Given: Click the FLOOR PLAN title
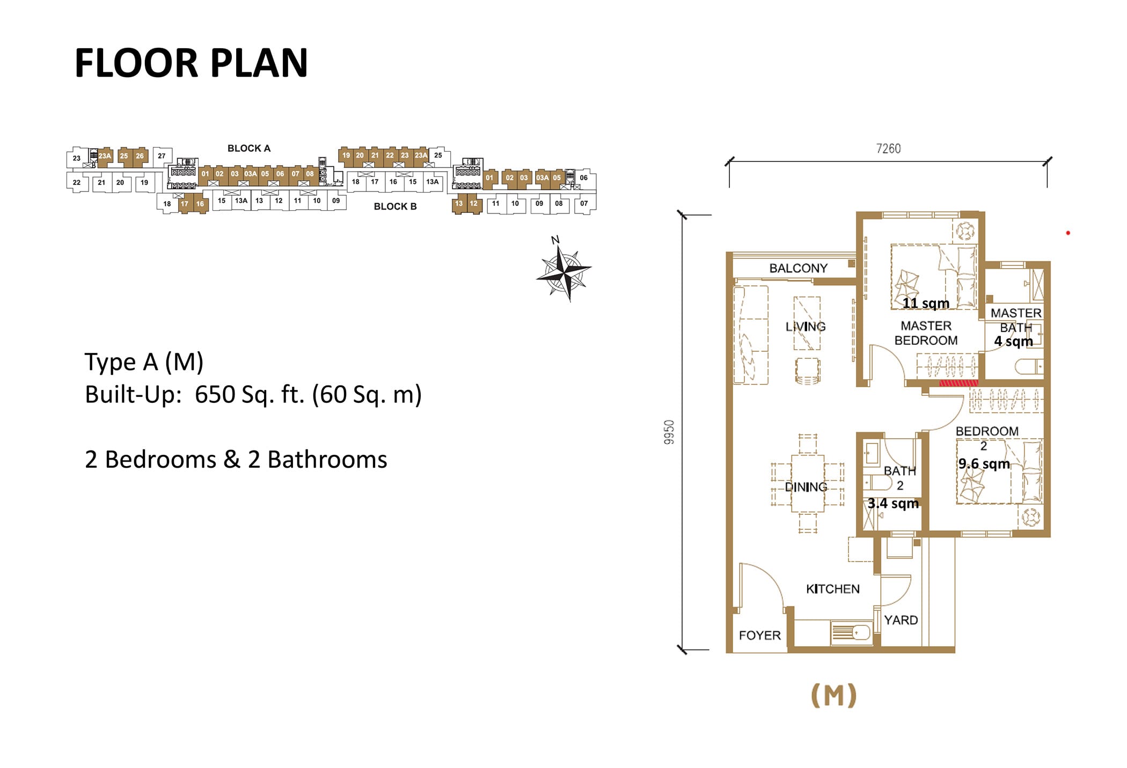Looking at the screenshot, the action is click(x=191, y=63).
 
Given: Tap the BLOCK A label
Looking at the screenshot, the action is click(x=249, y=149).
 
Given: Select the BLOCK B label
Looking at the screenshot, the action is click(x=395, y=206).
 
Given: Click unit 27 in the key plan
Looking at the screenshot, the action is click(x=162, y=156).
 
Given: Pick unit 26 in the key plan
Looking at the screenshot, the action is click(x=140, y=156).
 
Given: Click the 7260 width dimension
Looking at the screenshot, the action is click(x=888, y=149).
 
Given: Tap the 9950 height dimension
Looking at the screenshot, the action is click(x=669, y=432).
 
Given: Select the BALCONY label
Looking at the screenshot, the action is click(x=798, y=268).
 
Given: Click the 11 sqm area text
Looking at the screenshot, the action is click(x=926, y=304).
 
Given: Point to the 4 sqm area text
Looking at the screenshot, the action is click(x=1013, y=342).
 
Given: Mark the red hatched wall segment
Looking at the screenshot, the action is click(x=958, y=383).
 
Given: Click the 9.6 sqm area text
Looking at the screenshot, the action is click(x=984, y=464).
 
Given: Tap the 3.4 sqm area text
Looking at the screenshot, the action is click(x=893, y=504).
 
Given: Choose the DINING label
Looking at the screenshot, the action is click(x=806, y=487).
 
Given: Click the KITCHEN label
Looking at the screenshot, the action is click(x=832, y=589).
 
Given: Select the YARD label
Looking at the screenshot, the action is click(x=901, y=620).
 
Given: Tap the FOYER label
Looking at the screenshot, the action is click(x=759, y=636).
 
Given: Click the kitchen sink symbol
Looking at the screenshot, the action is click(x=851, y=633).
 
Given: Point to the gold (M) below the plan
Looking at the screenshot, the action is click(x=833, y=696).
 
